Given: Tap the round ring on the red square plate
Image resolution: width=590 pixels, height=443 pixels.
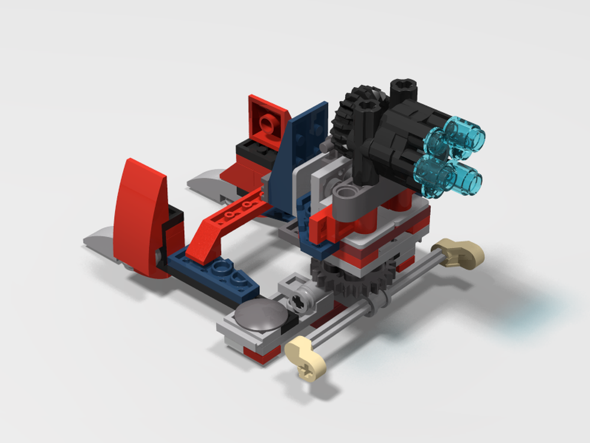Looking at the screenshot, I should pos(268,123).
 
